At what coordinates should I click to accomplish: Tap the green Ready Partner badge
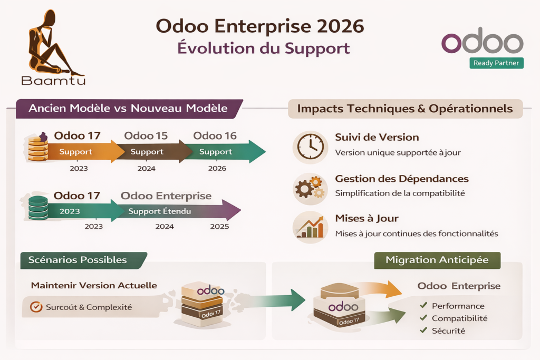[x=496, y=63]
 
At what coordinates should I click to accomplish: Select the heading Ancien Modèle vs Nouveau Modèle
[x=128, y=109]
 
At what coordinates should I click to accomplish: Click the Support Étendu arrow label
[x=159, y=211]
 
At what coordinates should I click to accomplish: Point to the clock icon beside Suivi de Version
[x=310, y=147]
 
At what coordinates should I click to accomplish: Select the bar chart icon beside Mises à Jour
[x=310, y=227]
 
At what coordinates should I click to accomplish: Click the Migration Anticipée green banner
[x=437, y=260]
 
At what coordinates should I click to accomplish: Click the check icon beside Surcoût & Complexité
[x=36, y=307]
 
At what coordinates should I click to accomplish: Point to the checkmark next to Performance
[x=423, y=305]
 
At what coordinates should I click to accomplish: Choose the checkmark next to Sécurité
[x=423, y=330]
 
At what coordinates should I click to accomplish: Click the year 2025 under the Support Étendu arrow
[x=219, y=227]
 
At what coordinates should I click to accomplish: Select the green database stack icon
[x=38, y=208]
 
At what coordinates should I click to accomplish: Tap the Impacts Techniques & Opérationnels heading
[x=405, y=109]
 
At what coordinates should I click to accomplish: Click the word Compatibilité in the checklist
[x=459, y=318]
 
